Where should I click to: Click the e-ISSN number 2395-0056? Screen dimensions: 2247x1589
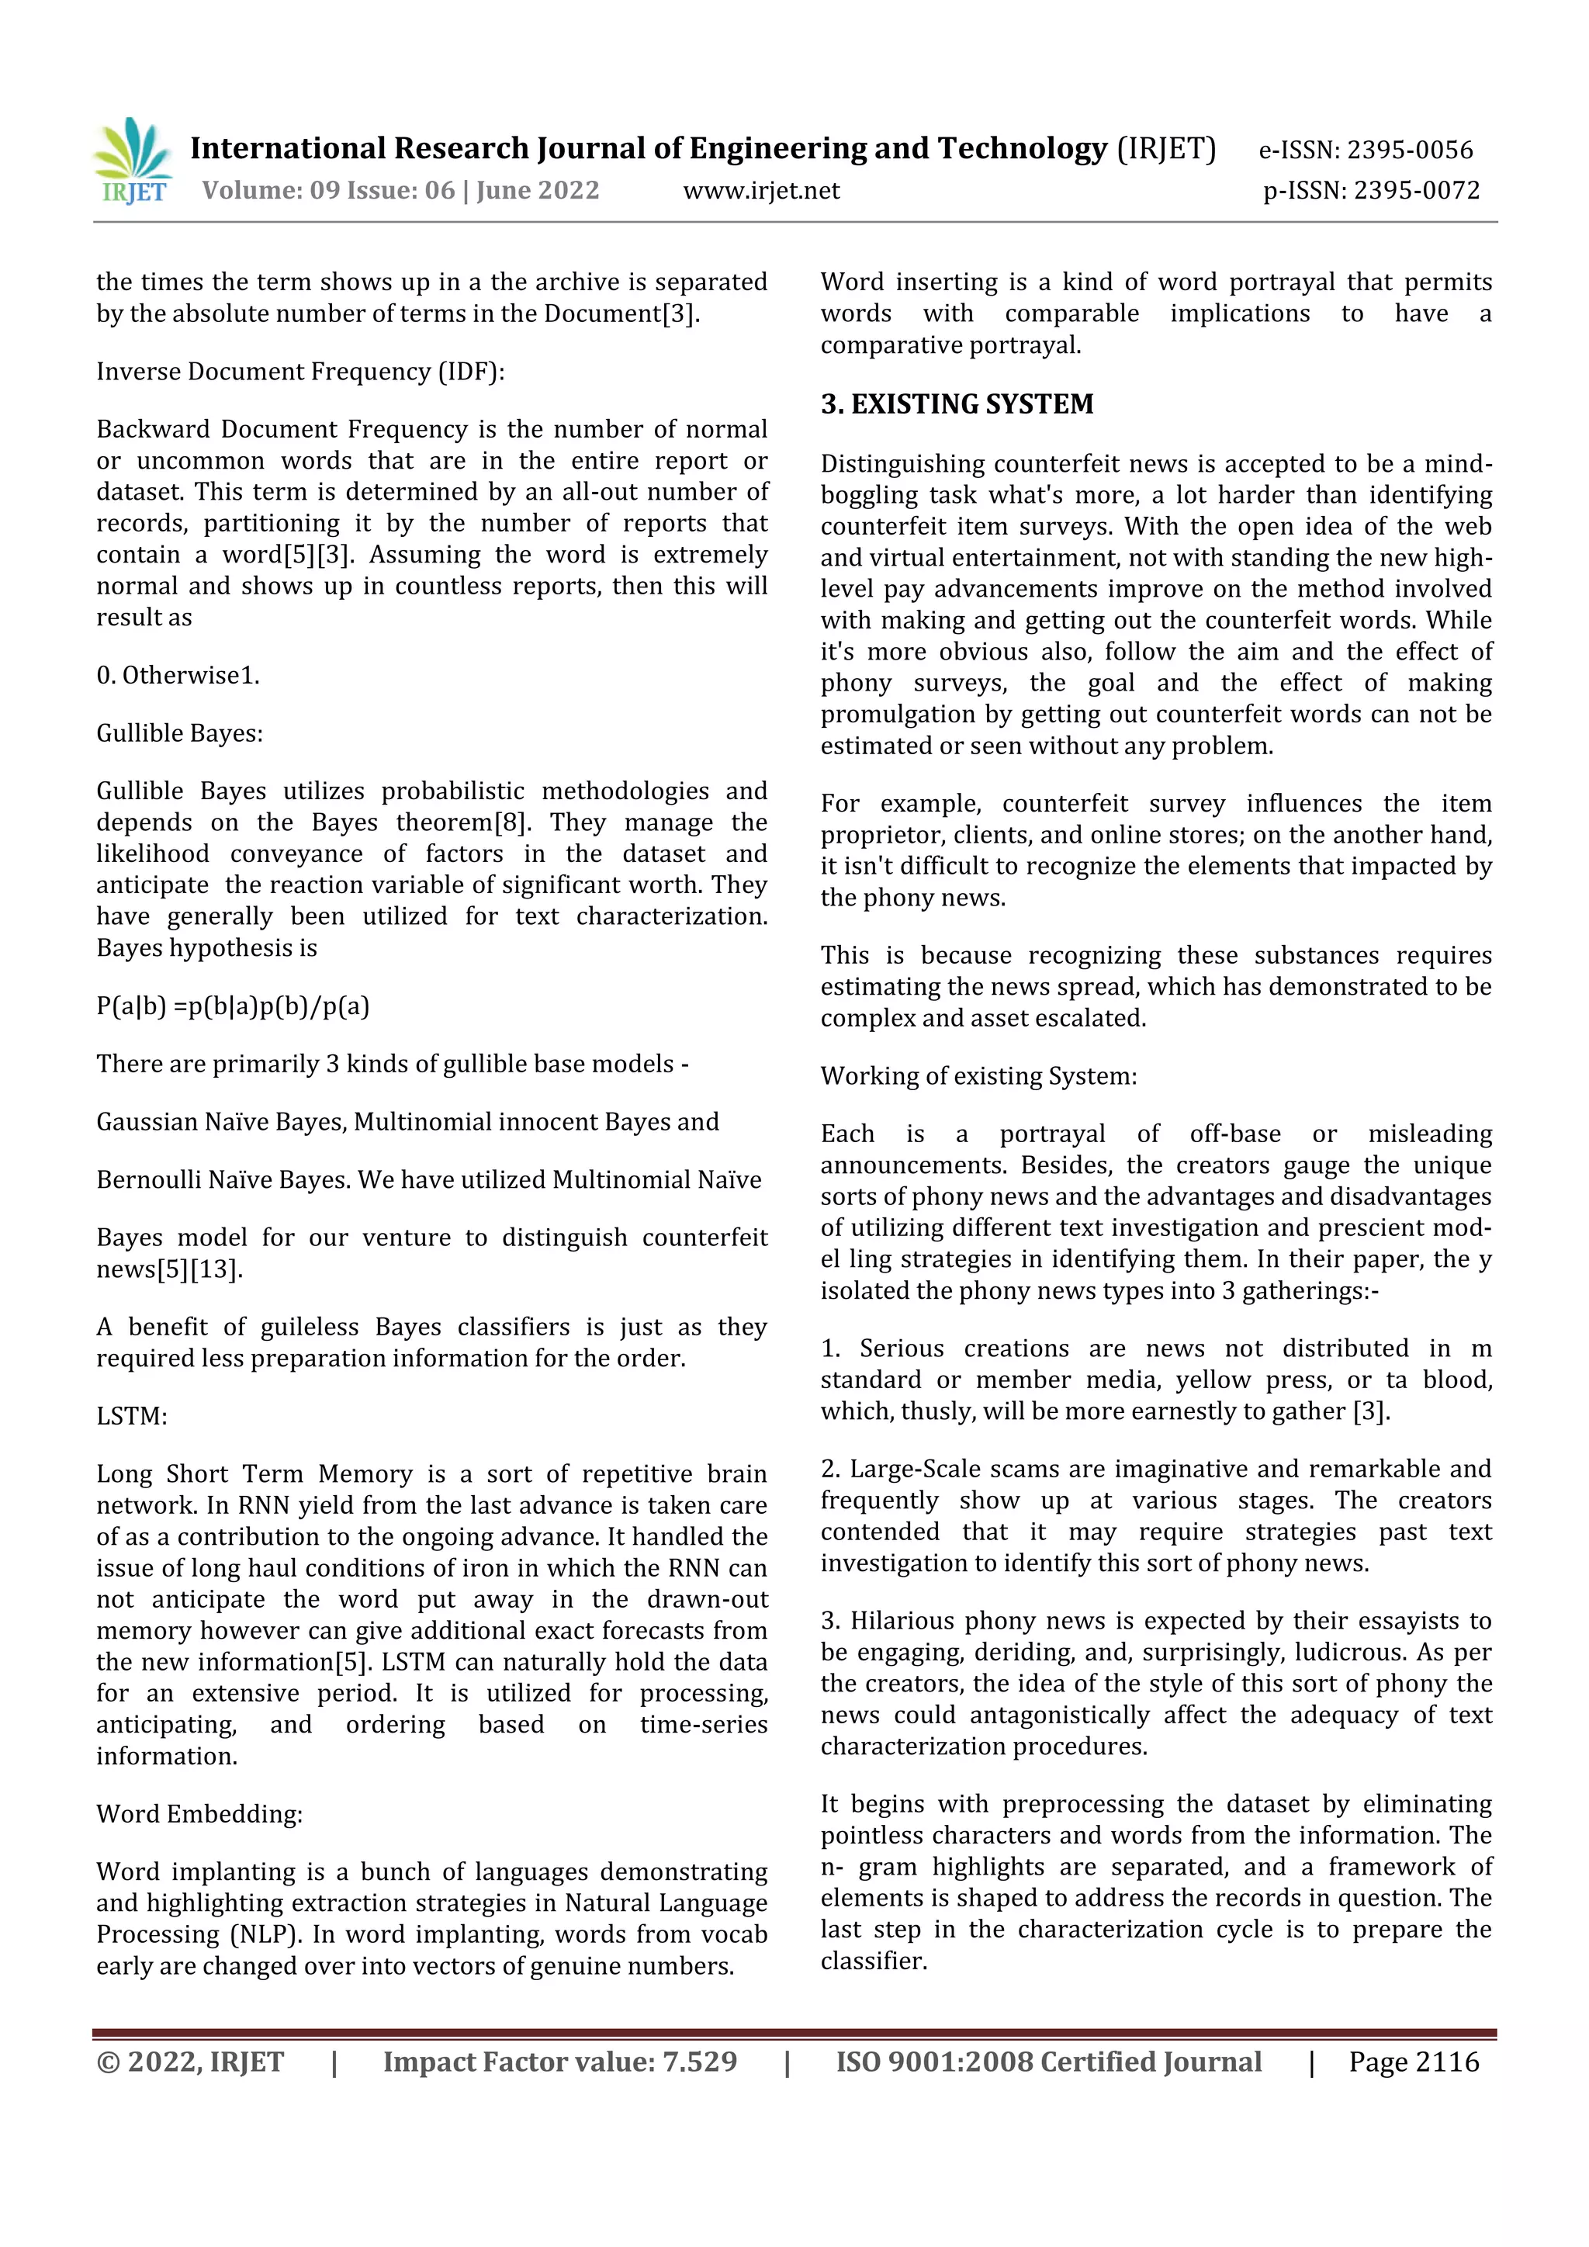[1409, 150]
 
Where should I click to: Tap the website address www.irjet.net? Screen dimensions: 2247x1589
[760, 190]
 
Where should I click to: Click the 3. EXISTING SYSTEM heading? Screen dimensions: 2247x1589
[956, 404]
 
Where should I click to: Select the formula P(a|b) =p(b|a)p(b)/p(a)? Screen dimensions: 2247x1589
[233, 1006]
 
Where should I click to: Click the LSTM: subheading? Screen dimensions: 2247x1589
[131, 1416]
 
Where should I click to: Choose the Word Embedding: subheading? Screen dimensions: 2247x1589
[199, 1813]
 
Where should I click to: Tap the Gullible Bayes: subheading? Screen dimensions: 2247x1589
[179, 733]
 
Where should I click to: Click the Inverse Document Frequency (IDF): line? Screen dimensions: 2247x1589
[299, 372]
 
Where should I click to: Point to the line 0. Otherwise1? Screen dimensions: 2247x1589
[177, 675]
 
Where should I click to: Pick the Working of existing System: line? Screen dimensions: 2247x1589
[978, 1076]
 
